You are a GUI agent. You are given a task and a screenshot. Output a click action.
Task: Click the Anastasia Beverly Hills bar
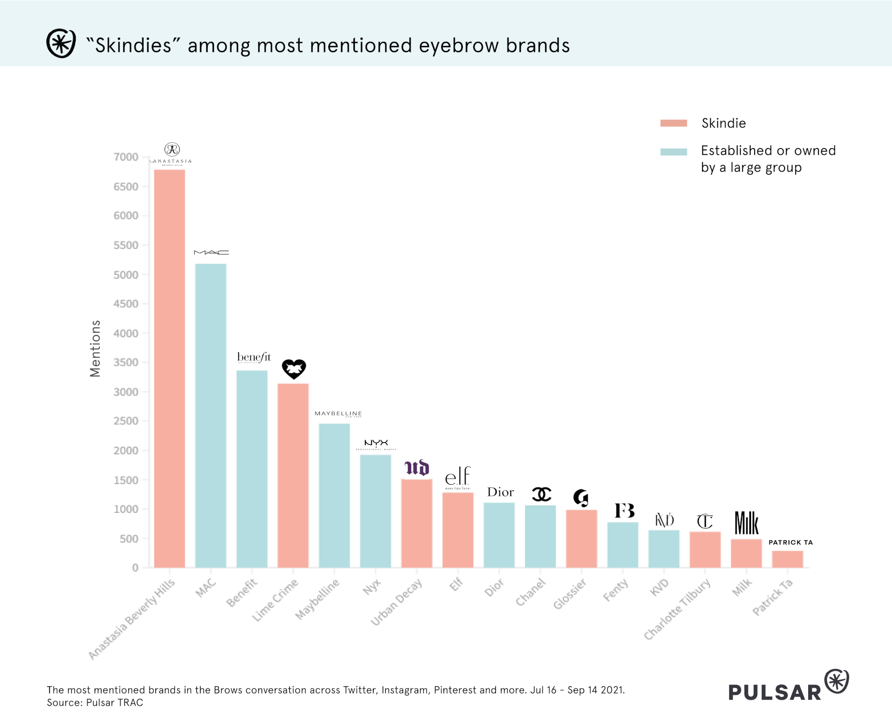click(x=169, y=368)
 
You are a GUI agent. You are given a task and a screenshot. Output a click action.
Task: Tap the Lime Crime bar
click(x=293, y=475)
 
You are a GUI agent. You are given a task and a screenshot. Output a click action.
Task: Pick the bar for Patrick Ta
click(x=788, y=559)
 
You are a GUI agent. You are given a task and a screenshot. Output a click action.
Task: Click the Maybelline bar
click(x=334, y=496)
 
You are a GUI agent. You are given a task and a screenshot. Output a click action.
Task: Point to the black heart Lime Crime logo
click(x=294, y=369)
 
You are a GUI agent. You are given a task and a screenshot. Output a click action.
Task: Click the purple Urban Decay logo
click(x=417, y=468)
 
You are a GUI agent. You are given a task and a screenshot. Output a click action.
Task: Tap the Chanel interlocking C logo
click(x=541, y=494)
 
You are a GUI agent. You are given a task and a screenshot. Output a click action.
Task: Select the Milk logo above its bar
click(x=746, y=523)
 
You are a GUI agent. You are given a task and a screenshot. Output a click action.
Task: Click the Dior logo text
click(x=500, y=492)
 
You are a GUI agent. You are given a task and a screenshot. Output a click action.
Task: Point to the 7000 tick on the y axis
click(x=126, y=157)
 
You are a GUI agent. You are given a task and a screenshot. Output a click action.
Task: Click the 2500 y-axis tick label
click(x=126, y=421)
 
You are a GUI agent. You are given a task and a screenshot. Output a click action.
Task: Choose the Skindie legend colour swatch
click(x=673, y=123)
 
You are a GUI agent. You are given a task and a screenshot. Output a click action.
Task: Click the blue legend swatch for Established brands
click(x=673, y=152)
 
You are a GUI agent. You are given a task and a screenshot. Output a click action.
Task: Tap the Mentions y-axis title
click(x=95, y=349)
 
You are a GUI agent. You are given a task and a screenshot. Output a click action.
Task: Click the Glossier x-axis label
click(x=570, y=594)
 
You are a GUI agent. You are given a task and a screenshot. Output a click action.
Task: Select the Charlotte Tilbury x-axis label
click(x=677, y=609)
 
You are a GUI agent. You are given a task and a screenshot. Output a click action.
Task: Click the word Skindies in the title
click(x=133, y=45)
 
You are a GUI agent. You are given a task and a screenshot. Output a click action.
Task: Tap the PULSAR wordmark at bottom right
click(x=775, y=692)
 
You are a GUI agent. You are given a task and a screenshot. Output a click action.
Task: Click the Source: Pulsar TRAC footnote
click(x=95, y=703)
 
